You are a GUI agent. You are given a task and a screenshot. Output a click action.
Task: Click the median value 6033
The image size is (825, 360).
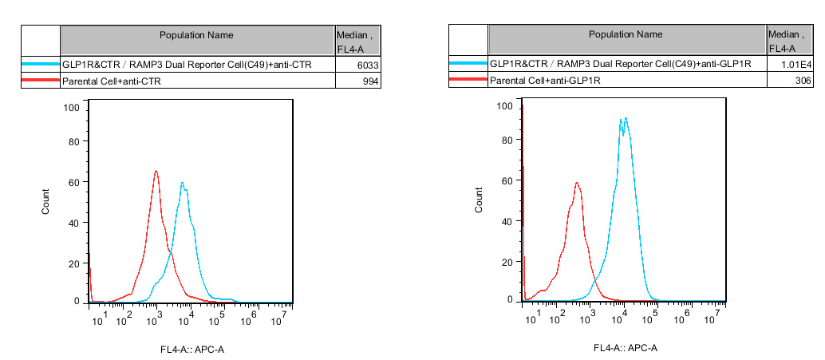coord(368,64)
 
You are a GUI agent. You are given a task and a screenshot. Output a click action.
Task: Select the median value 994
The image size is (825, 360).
coord(371,81)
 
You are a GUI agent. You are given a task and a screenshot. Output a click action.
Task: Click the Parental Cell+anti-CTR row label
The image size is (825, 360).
coord(109,81)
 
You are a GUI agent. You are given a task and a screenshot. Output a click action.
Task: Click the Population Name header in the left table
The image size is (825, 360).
coord(196,35)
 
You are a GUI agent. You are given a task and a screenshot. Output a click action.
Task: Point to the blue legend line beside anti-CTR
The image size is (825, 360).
coord(41,64)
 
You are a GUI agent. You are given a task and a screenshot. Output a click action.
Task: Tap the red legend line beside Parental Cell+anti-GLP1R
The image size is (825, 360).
coord(468,81)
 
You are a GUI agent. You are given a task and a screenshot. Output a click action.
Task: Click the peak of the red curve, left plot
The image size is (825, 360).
coord(156,171)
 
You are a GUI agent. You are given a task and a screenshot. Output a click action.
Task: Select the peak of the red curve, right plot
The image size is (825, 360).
coord(576,183)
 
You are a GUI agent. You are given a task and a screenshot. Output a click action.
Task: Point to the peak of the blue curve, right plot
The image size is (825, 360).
coord(626,118)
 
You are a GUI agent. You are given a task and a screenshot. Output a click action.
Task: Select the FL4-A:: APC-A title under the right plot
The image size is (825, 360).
coord(626,348)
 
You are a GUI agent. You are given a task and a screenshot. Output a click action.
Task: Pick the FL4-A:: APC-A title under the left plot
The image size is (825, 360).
coord(192,349)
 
